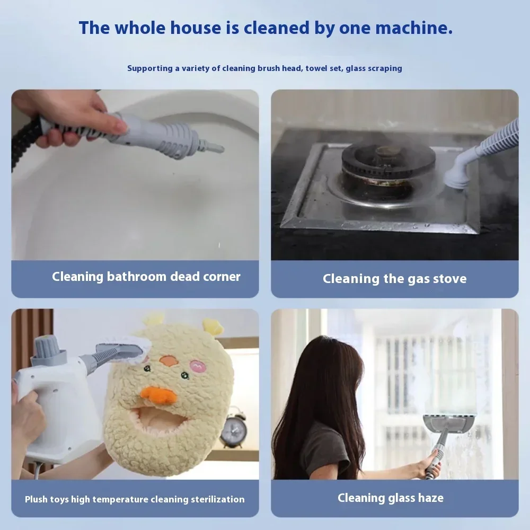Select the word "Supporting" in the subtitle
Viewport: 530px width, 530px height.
click(149, 68)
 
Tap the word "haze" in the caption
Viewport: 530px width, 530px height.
click(429, 498)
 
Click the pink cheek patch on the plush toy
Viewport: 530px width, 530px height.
click(199, 366)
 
